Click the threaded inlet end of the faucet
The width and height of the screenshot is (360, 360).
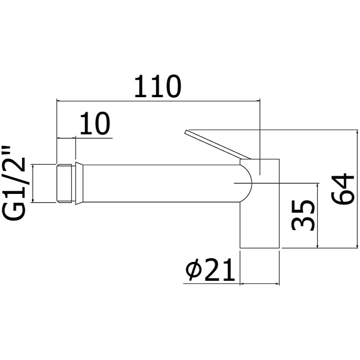pos(66,184)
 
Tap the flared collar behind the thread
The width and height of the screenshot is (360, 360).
pos(79,184)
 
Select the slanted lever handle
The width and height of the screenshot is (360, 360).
pos(216,145)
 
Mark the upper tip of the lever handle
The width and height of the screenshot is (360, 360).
pos(186,132)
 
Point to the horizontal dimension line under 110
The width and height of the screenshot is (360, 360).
pos(157,101)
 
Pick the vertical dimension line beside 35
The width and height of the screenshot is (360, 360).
pos(318,215)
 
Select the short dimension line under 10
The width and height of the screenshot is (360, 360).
pos(66,138)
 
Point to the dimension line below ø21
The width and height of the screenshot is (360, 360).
pos(260,284)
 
